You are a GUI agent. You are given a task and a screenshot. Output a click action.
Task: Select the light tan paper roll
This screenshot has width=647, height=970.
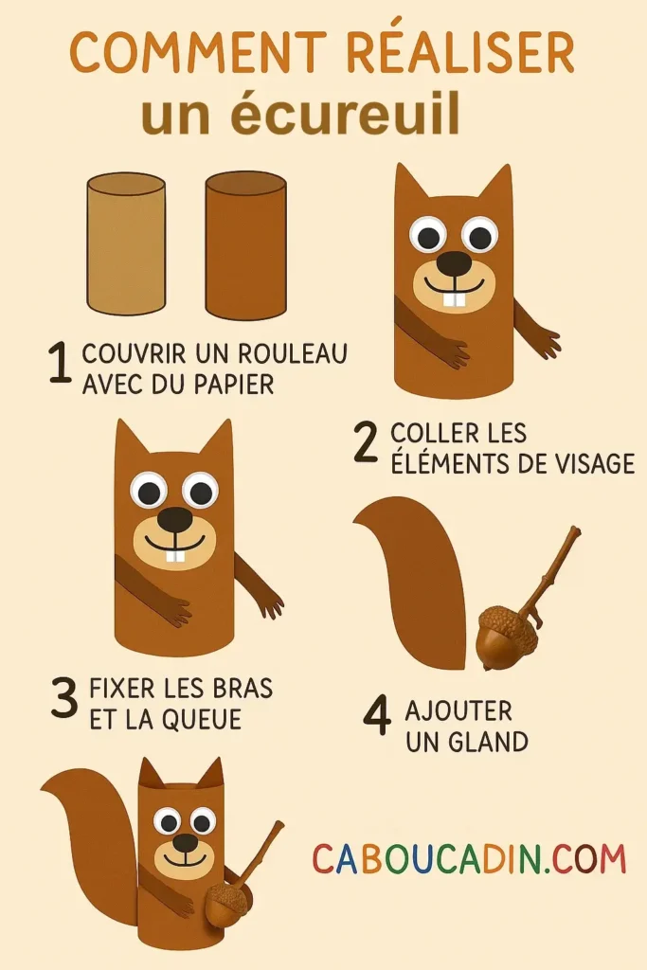[x=125, y=243]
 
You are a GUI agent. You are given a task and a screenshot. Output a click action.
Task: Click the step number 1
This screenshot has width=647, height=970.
[x=60, y=366]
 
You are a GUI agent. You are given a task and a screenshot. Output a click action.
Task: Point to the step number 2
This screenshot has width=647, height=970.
[x=366, y=444]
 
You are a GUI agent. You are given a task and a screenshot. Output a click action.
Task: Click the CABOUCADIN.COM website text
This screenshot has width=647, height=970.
[x=469, y=859]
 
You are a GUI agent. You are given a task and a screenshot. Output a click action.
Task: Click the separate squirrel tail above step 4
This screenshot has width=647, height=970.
[x=417, y=578]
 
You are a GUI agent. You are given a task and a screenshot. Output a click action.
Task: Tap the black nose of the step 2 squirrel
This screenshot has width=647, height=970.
[x=454, y=262]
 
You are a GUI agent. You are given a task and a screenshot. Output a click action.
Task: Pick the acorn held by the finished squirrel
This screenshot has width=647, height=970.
[x=227, y=905]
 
